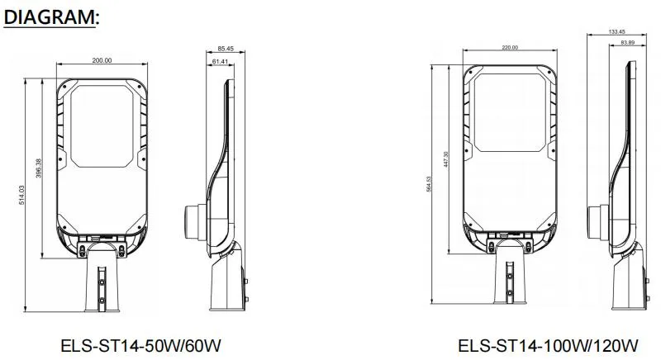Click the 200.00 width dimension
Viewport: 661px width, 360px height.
click(x=102, y=60)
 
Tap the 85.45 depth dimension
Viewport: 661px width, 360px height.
click(x=225, y=50)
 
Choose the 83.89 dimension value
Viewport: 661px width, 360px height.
click(x=625, y=42)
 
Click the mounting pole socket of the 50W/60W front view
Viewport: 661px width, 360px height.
click(x=102, y=285)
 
